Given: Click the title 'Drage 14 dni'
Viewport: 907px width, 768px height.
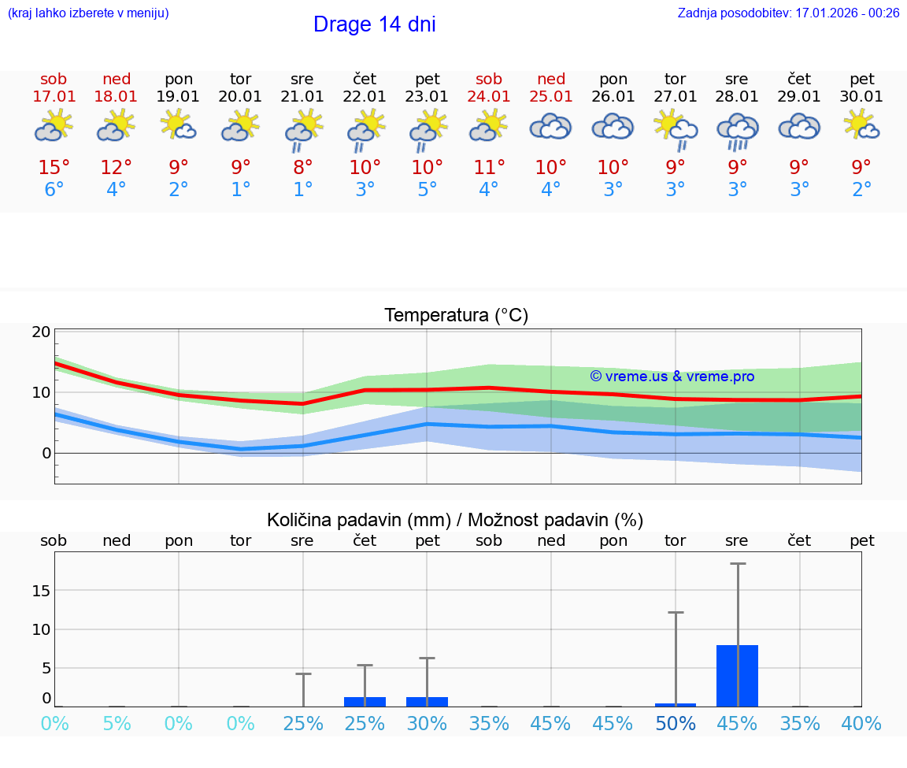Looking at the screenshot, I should point(374,24).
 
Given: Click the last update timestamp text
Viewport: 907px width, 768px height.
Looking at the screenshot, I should point(788,13).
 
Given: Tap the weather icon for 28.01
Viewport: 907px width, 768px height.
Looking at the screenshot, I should point(737,130).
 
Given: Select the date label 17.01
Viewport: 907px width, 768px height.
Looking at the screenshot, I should point(54,96).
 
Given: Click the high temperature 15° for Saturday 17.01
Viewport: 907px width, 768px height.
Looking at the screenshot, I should point(54,168).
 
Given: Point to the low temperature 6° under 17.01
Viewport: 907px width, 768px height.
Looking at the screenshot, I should point(54,190).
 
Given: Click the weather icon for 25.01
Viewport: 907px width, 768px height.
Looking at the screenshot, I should point(550,127).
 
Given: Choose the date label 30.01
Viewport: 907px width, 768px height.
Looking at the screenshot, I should point(861,96).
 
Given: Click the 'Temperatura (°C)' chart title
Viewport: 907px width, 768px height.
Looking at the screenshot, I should point(456,316).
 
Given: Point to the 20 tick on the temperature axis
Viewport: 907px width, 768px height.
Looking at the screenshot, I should point(41,332).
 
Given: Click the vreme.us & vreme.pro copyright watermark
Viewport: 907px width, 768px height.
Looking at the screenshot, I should point(672,377).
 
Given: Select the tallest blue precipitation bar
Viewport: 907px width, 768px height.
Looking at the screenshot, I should point(737,676).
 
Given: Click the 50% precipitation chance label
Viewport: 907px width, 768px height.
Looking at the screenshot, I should point(676,723).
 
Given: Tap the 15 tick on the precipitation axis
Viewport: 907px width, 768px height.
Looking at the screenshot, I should point(41,590).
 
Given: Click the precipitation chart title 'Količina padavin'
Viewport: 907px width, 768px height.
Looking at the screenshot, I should point(455,520).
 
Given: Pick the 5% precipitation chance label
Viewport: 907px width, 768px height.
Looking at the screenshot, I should point(117,723).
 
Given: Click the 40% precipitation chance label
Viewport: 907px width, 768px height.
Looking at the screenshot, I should point(861,723).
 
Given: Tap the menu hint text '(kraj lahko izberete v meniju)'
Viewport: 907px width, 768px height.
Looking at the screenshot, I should point(88,13).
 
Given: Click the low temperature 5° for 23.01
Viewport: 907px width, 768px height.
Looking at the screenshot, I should point(427,190).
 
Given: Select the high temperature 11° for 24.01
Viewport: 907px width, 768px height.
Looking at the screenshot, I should point(489,168).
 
